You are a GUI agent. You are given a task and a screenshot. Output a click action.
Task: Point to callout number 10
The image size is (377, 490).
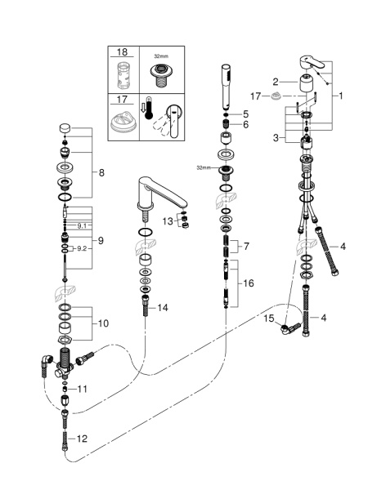coord(101,324)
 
